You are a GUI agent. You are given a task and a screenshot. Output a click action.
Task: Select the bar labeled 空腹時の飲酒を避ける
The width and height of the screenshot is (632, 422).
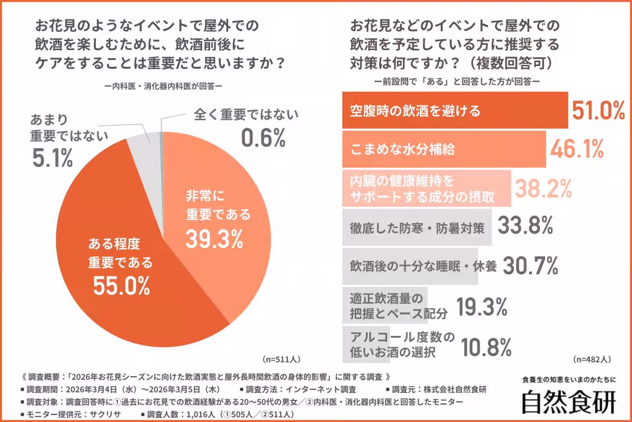click(455, 111)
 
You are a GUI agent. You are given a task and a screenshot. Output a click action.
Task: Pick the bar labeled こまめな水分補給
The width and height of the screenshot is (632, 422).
click(443, 150)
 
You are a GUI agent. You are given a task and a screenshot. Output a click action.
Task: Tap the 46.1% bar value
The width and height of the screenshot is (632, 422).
click(577, 150)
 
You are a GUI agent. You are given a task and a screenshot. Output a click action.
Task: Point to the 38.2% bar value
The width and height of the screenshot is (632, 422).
click(543, 188)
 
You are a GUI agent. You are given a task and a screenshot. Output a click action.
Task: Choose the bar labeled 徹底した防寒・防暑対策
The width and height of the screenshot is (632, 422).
click(417, 227)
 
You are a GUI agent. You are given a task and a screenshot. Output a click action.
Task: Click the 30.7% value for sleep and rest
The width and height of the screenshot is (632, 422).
click(530, 266)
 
